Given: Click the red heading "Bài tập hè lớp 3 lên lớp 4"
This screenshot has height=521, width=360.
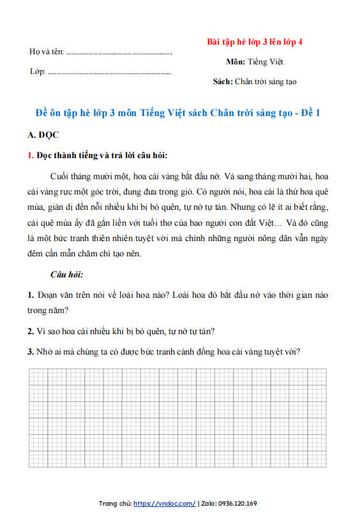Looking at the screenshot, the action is tap(255, 41).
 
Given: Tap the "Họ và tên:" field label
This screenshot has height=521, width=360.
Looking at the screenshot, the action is tap(47, 51).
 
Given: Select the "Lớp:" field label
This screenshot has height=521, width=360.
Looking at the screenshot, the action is tap(38, 71).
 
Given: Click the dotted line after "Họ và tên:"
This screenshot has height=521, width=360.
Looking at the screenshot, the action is tap(119, 52).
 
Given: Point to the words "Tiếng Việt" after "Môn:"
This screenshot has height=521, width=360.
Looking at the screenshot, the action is tap(266, 62).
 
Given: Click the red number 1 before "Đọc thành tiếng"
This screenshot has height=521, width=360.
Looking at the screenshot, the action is tap(31, 155).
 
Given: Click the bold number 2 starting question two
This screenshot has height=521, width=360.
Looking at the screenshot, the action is tap(31, 331).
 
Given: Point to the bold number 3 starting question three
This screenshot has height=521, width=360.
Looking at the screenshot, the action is tap(31, 351).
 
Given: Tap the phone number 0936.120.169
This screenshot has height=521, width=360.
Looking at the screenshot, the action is tap(236, 504).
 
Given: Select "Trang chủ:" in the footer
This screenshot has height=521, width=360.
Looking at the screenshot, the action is tap(116, 504).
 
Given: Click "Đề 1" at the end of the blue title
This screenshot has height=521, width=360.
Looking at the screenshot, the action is tap(308, 114).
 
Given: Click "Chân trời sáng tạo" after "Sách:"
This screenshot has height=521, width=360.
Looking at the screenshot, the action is tap(266, 82).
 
